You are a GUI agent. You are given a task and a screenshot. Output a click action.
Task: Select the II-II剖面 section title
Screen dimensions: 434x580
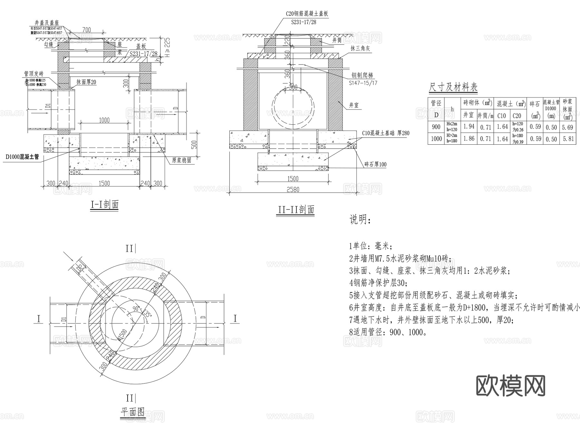pyautogui.click(x=295, y=210)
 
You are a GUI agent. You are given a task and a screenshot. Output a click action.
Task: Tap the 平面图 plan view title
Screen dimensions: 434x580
pyautogui.click(x=132, y=412)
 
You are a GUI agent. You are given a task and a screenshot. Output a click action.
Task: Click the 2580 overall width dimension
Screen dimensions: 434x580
pyautogui.click(x=293, y=189)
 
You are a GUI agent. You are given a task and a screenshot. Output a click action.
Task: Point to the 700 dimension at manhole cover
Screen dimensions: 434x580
pyautogui.click(x=86, y=30)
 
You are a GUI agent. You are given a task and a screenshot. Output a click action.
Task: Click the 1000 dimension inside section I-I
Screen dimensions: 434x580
pyautogui.click(x=104, y=120)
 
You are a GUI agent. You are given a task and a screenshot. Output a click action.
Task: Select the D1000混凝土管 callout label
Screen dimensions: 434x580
pyautogui.click(x=22, y=157)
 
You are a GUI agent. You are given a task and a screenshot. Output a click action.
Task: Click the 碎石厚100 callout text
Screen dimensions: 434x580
pyautogui.click(x=375, y=164)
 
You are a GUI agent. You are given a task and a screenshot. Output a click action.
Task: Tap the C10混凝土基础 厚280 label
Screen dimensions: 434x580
pyautogui.click(x=385, y=133)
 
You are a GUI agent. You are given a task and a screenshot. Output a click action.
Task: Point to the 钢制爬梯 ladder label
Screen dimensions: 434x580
pyautogui.click(x=362, y=75)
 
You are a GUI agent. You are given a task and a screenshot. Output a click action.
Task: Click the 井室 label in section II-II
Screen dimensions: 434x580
pyautogui.click(x=354, y=105)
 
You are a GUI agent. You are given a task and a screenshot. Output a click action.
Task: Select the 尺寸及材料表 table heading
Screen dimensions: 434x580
pyautogui.click(x=453, y=87)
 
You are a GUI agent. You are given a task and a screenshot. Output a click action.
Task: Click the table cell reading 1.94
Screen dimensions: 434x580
pyautogui.click(x=469, y=127)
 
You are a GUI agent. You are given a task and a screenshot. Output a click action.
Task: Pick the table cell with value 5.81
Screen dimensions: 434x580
pyautogui.click(x=567, y=139)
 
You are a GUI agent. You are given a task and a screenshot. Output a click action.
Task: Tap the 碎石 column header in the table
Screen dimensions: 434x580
pyautogui.click(x=535, y=104)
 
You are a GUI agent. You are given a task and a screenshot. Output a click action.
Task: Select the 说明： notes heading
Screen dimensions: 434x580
pyautogui.click(x=360, y=220)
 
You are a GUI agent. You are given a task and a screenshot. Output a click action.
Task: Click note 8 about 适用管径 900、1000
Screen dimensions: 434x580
pyautogui.click(x=388, y=332)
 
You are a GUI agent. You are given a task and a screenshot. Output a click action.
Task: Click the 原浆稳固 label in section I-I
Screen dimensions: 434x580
pyautogui.click(x=181, y=160)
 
